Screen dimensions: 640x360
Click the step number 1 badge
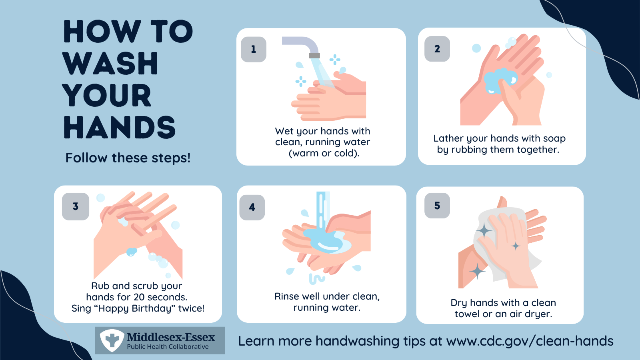[x=254, y=49]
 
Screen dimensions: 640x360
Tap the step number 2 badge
[x=437, y=49]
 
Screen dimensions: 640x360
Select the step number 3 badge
[x=76, y=206]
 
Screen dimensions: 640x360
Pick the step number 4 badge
[x=252, y=207]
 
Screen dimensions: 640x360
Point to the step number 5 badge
[x=437, y=206]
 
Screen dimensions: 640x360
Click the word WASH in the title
[x=110, y=64]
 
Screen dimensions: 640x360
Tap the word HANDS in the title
[x=120, y=128]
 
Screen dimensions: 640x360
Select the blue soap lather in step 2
[x=500, y=80]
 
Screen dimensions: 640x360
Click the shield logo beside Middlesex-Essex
[x=112, y=340]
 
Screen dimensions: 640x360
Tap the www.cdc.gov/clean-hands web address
[x=530, y=341]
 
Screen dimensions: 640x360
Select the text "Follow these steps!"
[x=128, y=158]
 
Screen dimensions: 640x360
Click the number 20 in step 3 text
[x=139, y=297]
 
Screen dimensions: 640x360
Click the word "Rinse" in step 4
[x=286, y=296]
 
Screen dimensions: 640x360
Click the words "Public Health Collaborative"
[x=168, y=346]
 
